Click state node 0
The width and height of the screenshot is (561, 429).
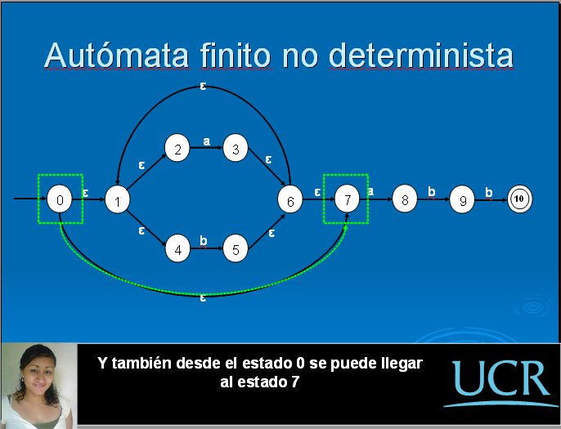click(x=60, y=199)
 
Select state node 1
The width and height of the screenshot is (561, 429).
click(x=118, y=199)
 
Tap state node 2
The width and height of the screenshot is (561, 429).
click(x=177, y=148)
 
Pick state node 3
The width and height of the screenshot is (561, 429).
click(x=236, y=148)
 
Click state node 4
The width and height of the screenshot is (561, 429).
click(x=177, y=248)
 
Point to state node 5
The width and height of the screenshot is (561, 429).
click(x=236, y=248)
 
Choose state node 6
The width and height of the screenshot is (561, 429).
click(x=290, y=199)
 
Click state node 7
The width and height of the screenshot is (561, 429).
click(x=347, y=199)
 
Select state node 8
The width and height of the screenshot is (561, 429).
click(x=405, y=199)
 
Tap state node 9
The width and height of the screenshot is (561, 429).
click(x=462, y=199)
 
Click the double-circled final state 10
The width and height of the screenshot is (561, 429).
click(x=520, y=199)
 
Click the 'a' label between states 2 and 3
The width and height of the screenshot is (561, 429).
click(x=206, y=141)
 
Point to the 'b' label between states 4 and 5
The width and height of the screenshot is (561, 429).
click(x=203, y=240)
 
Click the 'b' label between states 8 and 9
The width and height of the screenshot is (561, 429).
click(x=432, y=192)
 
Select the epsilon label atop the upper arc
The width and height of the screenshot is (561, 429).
click(x=203, y=86)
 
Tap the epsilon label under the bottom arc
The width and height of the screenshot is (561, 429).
click(x=203, y=297)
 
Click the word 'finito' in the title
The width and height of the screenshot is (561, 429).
click(x=235, y=55)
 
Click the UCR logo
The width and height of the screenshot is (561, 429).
click(x=501, y=382)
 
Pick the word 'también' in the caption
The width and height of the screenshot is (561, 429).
click(x=142, y=363)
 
